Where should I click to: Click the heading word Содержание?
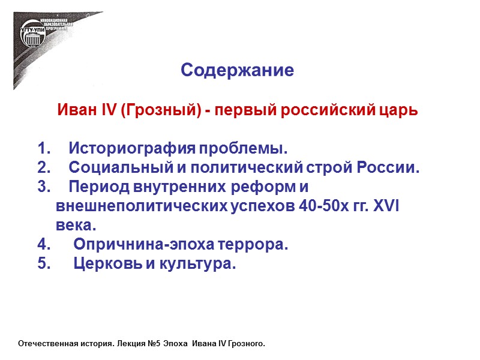pyautogui.click(x=237, y=71)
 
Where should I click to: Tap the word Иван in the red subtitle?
pyautogui.click(x=73, y=111)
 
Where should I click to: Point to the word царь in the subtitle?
pyautogui.click(x=398, y=112)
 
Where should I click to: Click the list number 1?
pyautogui.click(x=43, y=148)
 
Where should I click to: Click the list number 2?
pyautogui.click(x=43, y=167)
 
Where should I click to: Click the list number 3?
pyautogui.click(x=43, y=187)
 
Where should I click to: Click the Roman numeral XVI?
pyautogui.click(x=386, y=206)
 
